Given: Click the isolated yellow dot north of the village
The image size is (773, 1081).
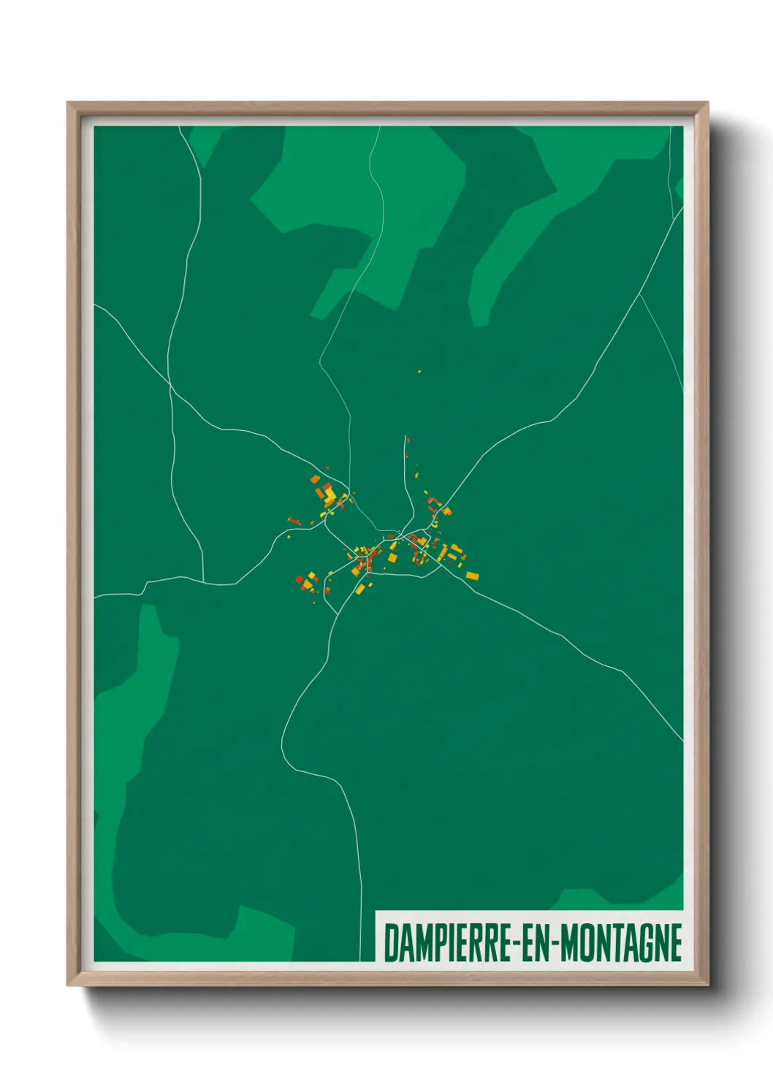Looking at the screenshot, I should [x=419, y=372].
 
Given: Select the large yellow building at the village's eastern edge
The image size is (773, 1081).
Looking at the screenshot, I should [x=473, y=576].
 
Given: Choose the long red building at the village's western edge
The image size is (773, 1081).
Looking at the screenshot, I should [x=294, y=521].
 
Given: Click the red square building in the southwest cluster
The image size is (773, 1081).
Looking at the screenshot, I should [x=300, y=580].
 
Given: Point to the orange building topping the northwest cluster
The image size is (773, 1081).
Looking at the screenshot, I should [x=316, y=479].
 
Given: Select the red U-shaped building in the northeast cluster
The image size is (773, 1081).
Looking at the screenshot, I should [x=434, y=503].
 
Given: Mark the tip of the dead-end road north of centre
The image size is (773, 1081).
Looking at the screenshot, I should [x=405, y=438].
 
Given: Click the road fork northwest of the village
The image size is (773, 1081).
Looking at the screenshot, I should [x=170, y=383].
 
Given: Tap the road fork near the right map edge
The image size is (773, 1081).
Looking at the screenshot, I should [x=640, y=294].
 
